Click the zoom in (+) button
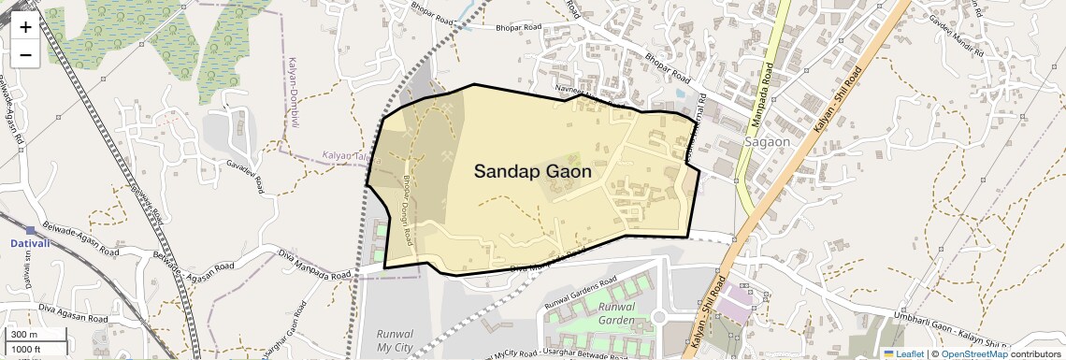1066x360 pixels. tap(25, 27)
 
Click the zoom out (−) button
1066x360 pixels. tap(25, 55)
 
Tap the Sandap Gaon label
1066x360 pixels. tap(532, 171)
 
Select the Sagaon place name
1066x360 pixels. tap(767, 142)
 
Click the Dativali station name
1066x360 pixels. tap(30, 243)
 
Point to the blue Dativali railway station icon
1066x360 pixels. tap(31, 230)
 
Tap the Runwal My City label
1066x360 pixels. tap(395, 340)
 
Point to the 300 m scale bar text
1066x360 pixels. tap(24, 335)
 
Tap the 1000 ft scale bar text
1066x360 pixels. tap(27, 349)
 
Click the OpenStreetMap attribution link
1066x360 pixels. tap(973, 353)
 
